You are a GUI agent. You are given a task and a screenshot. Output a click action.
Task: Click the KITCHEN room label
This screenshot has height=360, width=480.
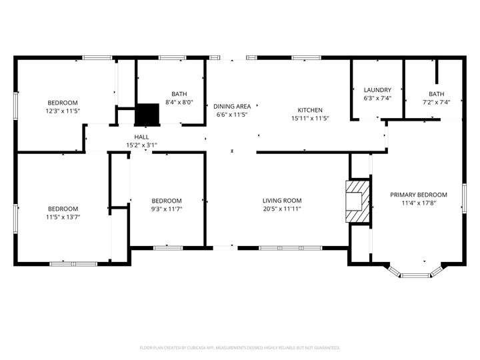(x=310, y=110)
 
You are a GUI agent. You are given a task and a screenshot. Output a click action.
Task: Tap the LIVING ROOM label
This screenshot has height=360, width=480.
(x=282, y=201)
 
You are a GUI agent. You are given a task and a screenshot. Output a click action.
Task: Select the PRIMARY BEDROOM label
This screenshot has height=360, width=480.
(x=418, y=195)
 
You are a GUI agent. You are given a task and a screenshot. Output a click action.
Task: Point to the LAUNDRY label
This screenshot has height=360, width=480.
(x=377, y=90)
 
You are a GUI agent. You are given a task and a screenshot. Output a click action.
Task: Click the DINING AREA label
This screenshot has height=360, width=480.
(x=232, y=106)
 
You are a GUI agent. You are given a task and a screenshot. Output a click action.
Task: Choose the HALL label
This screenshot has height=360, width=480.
(x=141, y=136)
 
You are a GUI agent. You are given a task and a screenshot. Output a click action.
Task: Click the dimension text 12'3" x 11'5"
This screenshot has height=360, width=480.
(x=63, y=111)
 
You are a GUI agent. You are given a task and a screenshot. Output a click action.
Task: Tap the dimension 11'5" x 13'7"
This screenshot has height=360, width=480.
(x=63, y=217)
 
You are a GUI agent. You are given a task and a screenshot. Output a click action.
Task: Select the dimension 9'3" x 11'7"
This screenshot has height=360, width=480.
(x=167, y=209)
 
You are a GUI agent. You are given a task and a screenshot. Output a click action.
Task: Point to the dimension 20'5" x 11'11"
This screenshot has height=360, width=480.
(x=282, y=209)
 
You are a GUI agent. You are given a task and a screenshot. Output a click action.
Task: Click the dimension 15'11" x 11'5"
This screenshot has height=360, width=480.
(x=310, y=118)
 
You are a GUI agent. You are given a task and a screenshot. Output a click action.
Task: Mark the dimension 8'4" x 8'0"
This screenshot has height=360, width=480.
(x=179, y=102)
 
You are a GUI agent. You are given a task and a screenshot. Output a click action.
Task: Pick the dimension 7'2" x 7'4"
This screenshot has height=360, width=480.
(x=437, y=102)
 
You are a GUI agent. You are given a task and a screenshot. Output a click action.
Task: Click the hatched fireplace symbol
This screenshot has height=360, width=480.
(x=357, y=201)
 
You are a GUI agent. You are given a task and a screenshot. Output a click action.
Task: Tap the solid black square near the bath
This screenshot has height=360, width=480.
(x=147, y=114)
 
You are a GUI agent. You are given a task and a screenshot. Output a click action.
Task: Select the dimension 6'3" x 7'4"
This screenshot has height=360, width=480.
(x=377, y=98)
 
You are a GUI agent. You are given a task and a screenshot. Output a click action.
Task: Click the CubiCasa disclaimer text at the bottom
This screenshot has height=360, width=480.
(x=240, y=347)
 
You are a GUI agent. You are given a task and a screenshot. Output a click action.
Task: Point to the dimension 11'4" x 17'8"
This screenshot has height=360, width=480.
(x=418, y=203)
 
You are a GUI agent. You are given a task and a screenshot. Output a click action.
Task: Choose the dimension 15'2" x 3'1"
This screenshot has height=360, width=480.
(x=141, y=145)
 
